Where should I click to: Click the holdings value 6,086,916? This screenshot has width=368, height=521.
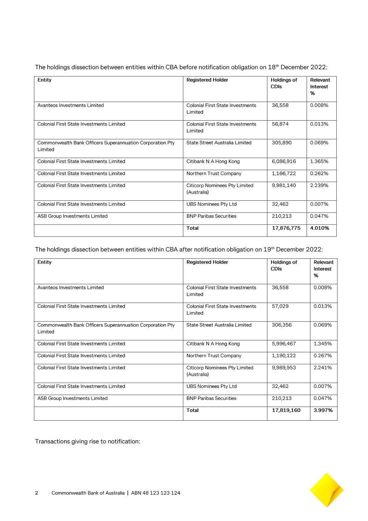pyautogui.click(x=284, y=161)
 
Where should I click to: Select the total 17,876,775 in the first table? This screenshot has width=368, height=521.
pyautogui.click(x=286, y=228)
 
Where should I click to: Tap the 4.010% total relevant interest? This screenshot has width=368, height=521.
pyautogui.click(x=320, y=228)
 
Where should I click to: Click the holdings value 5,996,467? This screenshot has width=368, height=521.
pyautogui.click(x=284, y=344)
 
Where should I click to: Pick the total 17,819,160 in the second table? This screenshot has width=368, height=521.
pyautogui.click(x=286, y=411)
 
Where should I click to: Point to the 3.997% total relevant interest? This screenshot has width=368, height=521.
pyautogui.click(x=323, y=411)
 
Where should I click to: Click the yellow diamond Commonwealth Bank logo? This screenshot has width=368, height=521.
pyautogui.click(x=326, y=490)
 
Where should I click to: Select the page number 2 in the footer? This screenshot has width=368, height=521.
pyautogui.click(x=37, y=493)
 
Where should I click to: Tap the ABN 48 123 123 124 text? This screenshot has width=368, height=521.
pyautogui.click(x=156, y=493)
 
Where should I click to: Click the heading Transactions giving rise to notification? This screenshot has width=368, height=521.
pyautogui.click(x=88, y=442)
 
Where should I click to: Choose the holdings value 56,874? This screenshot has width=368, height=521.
pyautogui.click(x=280, y=124)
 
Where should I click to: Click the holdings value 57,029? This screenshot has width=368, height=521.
pyautogui.click(x=280, y=306)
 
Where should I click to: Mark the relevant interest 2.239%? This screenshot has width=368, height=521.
pyautogui.click(x=319, y=185)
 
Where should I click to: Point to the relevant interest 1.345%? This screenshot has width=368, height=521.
pyautogui.click(x=323, y=344)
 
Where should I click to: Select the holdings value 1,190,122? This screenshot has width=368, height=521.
pyautogui.click(x=284, y=356)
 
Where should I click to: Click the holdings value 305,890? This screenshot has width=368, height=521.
pyautogui.click(x=282, y=143)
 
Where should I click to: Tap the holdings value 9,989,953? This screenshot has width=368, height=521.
pyautogui.click(x=284, y=368)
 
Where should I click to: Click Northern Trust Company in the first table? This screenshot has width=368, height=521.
pyautogui.click(x=214, y=174)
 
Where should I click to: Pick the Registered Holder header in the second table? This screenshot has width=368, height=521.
pyautogui.click(x=207, y=262)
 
